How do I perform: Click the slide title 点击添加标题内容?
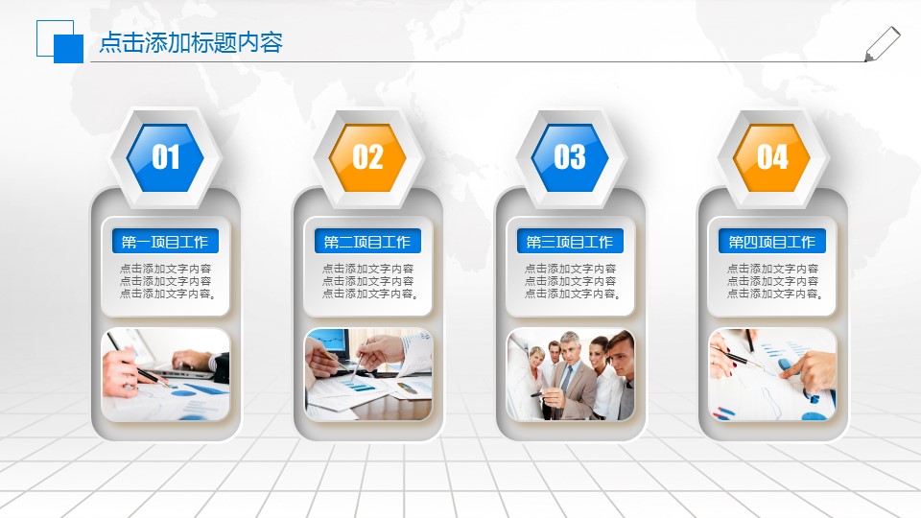(191, 43)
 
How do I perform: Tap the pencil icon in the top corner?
(882, 44)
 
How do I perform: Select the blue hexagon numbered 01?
(166, 157)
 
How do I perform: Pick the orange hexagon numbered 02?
(367, 157)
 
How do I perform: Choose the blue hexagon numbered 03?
(570, 157)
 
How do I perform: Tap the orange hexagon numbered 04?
(772, 157)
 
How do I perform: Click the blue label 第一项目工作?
(165, 242)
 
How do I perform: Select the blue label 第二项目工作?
(367, 242)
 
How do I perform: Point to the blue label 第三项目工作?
(570, 242)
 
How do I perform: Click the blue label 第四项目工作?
(772, 242)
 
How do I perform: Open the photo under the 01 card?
(166, 374)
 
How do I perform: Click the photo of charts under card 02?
(368, 374)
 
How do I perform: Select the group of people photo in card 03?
(571, 374)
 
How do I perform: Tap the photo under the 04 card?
(772, 374)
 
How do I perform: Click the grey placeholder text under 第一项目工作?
(166, 281)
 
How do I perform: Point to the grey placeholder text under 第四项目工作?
(772, 281)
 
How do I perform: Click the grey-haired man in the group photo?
(571, 365)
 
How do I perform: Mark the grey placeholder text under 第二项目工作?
(368, 281)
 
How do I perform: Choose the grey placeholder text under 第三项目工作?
(571, 281)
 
